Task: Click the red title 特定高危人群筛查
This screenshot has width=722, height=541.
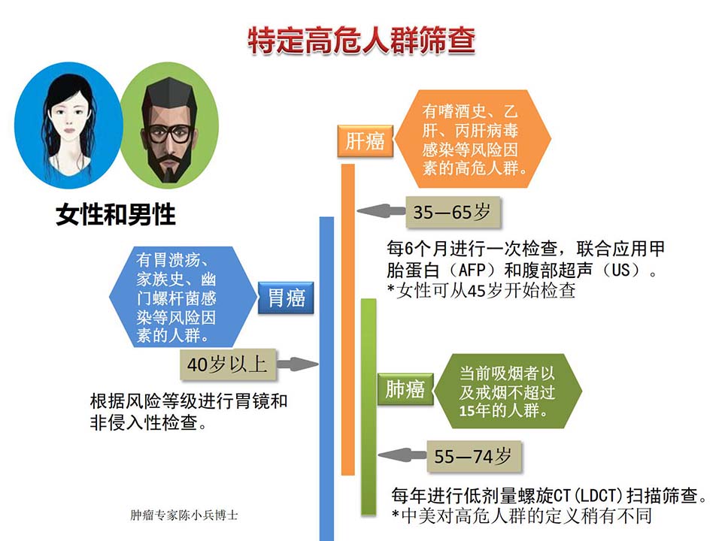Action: click(362, 41)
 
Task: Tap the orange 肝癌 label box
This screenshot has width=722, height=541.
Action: click(366, 141)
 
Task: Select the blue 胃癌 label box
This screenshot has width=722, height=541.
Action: click(286, 298)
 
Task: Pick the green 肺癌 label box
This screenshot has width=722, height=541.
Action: click(405, 389)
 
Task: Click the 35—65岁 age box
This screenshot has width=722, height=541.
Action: click(453, 212)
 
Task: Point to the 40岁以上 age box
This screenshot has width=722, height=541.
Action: click(228, 365)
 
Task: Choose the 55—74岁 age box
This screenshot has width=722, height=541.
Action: click(475, 456)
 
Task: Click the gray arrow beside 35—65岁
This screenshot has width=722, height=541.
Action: click(381, 211)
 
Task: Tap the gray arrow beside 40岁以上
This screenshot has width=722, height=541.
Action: click(298, 364)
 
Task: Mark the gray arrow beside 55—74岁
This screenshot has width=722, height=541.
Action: click(402, 455)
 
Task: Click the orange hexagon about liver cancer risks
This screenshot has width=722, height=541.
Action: click(473, 139)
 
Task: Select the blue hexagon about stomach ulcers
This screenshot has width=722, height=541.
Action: click(183, 297)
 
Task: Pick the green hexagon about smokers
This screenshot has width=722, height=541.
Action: click(508, 391)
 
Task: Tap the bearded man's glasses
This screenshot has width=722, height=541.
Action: click(168, 134)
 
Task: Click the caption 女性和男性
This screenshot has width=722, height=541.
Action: click(116, 214)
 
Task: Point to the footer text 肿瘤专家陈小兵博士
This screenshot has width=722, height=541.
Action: click(184, 515)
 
